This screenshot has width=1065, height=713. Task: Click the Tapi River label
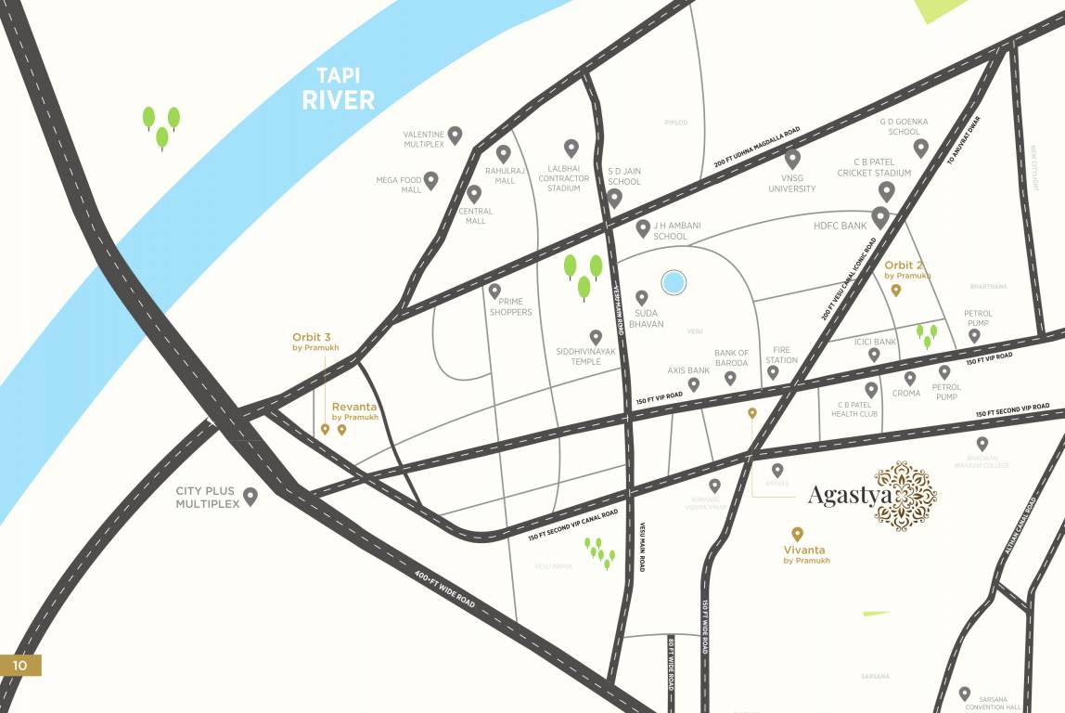click(338, 88)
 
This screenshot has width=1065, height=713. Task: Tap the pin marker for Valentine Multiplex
click(455, 136)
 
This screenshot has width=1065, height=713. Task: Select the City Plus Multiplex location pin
click(250, 496)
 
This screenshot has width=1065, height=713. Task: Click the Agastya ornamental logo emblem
click(906, 495)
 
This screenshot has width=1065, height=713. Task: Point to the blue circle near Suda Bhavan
click(674, 282)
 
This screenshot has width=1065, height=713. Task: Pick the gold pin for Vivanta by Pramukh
click(797, 534)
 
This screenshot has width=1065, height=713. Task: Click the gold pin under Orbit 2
click(896, 291)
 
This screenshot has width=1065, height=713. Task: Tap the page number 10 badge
click(20, 665)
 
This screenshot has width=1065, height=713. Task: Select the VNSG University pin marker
click(792, 159)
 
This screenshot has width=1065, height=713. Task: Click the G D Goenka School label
click(903, 126)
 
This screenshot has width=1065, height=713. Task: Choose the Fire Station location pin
click(773, 372)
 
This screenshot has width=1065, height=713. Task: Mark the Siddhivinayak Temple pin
click(596, 337)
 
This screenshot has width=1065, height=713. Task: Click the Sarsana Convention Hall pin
click(965, 694)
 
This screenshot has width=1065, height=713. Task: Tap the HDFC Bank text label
click(840, 226)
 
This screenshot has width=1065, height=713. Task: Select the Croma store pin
click(910, 378)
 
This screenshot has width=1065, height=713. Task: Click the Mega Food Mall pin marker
click(430, 179)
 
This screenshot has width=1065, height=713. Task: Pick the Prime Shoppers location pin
click(495, 291)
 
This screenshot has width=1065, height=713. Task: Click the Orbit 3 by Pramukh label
click(315, 342)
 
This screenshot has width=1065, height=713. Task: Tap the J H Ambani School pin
click(643, 227)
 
